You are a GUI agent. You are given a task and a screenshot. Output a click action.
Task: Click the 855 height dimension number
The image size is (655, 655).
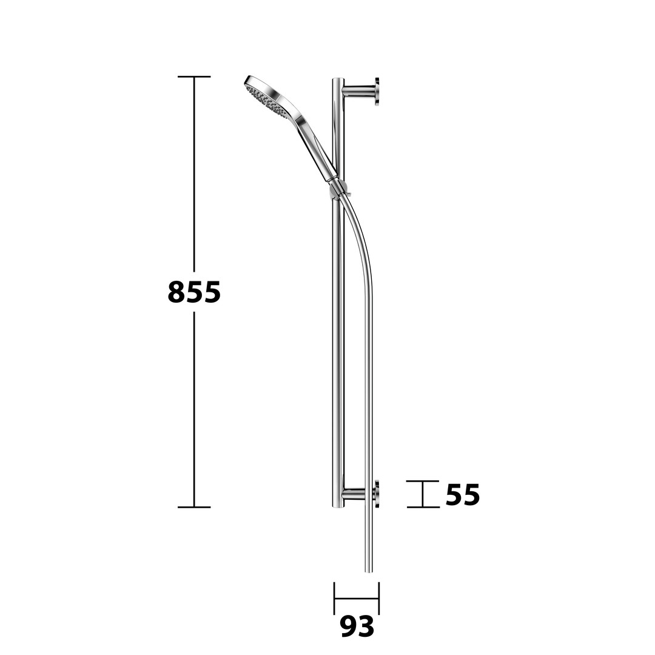coord(194,292)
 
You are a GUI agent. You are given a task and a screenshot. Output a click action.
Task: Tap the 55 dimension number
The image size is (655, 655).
coord(463,495)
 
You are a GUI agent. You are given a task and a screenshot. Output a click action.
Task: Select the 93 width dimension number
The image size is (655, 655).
coord(357,626)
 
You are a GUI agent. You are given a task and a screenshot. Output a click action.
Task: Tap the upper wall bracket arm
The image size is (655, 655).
coord(358,89)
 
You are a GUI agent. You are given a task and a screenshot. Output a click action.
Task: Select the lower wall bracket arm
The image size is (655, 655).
coord(358,494)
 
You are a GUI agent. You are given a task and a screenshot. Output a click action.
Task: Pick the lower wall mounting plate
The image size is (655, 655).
coord(377,494)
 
